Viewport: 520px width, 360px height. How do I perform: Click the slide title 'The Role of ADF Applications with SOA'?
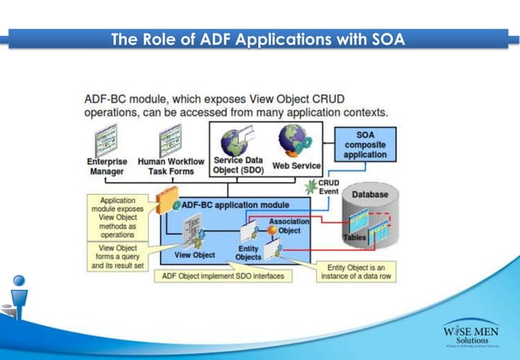click(x=259, y=39)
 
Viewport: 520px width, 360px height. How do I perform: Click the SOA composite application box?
click(x=366, y=144)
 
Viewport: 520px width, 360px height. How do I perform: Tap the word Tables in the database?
click(x=355, y=236)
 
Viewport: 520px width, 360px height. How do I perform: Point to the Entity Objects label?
click(x=249, y=253)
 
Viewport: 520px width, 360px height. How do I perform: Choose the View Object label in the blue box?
click(x=193, y=256)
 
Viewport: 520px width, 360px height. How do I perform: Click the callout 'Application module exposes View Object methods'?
click(x=117, y=215)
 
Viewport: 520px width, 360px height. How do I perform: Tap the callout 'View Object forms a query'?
click(x=117, y=256)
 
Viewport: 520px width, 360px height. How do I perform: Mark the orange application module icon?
click(x=165, y=200)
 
